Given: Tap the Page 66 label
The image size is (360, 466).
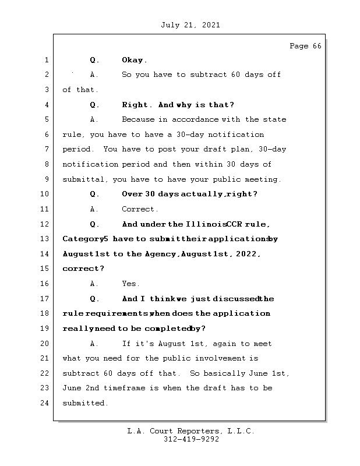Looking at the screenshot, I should pyautogui.click(x=305, y=46).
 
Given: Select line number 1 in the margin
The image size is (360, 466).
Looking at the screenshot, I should pyautogui.click(x=46, y=60).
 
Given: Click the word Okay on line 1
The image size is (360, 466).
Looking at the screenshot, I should pyautogui.click(x=134, y=60).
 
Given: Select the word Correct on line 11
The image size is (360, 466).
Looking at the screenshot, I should pyautogui.click(x=139, y=209).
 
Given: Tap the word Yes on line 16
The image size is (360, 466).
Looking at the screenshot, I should pyautogui.click(x=130, y=284).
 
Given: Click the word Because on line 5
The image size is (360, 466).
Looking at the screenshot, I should pyautogui.click(x=138, y=119).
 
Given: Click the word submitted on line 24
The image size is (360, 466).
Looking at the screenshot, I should pyautogui.click(x=85, y=403).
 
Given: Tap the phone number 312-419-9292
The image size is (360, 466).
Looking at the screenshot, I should pyautogui.click(x=190, y=440).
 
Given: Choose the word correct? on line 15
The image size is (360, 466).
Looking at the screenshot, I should pyautogui.click(x=83, y=269).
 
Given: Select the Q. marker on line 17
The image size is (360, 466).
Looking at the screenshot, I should pyautogui.click(x=94, y=299).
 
